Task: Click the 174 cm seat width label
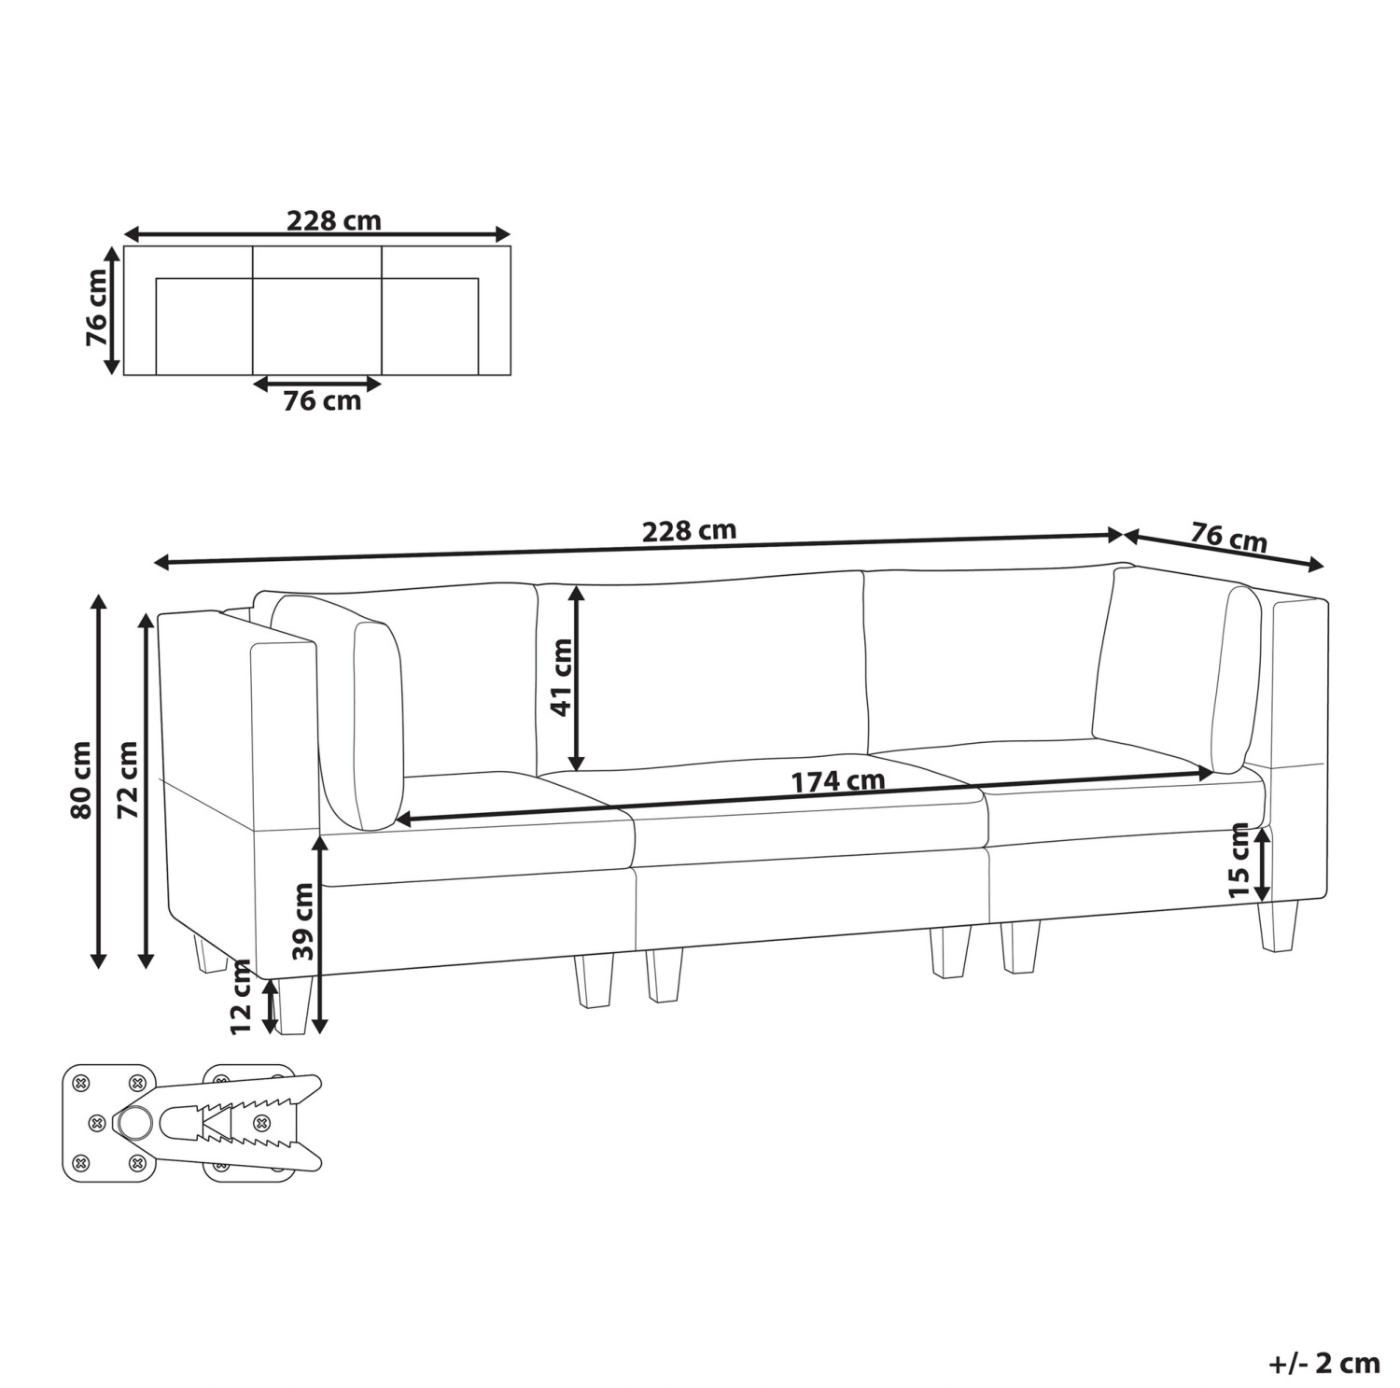838,781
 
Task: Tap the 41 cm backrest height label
561,677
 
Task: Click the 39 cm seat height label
302,922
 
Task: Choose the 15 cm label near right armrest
1239,860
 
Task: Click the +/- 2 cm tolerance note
1324,1363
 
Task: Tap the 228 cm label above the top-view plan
333,221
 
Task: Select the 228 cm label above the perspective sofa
689,530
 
